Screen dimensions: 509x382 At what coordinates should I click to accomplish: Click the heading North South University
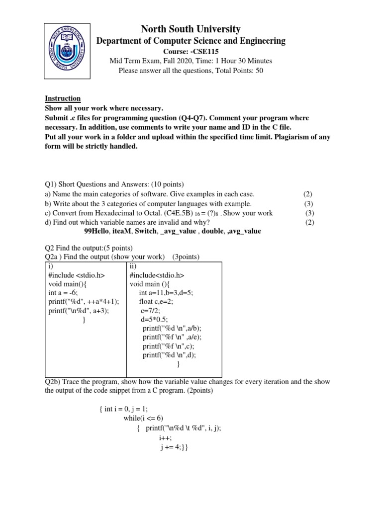(191, 29)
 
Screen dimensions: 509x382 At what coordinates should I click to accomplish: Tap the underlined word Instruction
(63, 98)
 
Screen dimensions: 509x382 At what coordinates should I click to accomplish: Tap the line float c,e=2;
(156, 302)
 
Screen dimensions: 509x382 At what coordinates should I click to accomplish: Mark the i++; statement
(165, 437)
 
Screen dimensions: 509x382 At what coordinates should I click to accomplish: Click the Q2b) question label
(54, 382)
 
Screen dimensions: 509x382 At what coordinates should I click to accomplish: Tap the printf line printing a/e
(169, 338)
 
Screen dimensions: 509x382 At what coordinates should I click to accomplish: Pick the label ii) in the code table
(132, 265)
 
